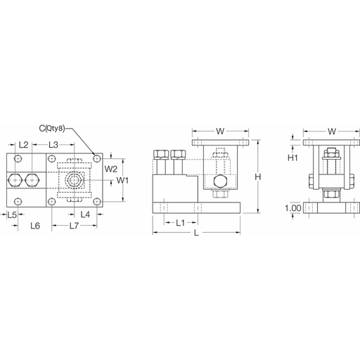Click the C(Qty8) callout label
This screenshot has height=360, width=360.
pyautogui.click(x=52, y=129)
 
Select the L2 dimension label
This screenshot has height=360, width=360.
pyautogui.click(x=23, y=145)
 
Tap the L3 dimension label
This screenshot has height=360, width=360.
pyautogui.click(x=53, y=145)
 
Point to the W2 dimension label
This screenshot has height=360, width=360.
pyautogui.click(x=110, y=169)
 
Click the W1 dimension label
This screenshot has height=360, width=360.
pyautogui.click(x=122, y=180)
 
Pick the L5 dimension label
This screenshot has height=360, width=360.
pyautogui.click(x=12, y=214)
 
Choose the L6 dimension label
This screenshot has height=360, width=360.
pyautogui.click(x=35, y=226)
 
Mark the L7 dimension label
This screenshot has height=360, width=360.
pyautogui.click(x=74, y=226)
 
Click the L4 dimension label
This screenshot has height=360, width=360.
pyautogui.click(x=85, y=214)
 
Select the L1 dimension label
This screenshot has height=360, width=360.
pyautogui.click(x=181, y=223)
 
